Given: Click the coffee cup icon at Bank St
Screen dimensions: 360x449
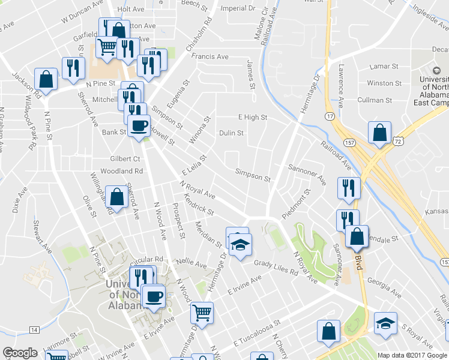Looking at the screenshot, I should click(x=139, y=125).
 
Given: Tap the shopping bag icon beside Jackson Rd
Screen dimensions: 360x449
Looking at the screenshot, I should click(x=46, y=78).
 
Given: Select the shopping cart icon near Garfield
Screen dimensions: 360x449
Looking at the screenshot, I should click(x=107, y=46).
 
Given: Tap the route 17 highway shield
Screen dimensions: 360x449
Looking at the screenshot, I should click(x=330, y=115).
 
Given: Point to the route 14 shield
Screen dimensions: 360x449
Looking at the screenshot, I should click(x=34, y=329).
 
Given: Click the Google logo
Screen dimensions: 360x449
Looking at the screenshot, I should click(x=20, y=353).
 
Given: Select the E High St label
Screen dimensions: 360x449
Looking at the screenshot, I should click(x=252, y=118).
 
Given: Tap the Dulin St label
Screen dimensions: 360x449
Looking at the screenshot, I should click(x=231, y=133).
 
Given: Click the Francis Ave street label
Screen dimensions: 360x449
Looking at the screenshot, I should click(x=209, y=56).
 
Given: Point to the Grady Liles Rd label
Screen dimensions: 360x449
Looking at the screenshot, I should click(x=276, y=268).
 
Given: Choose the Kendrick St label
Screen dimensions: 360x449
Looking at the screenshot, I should click(x=199, y=204).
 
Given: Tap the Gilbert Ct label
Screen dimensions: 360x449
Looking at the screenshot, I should click(x=125, y=158).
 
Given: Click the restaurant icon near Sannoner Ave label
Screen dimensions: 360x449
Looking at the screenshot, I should click(x=348, y=188).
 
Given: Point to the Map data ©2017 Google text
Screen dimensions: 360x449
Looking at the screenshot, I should click(x=412, y=355).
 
